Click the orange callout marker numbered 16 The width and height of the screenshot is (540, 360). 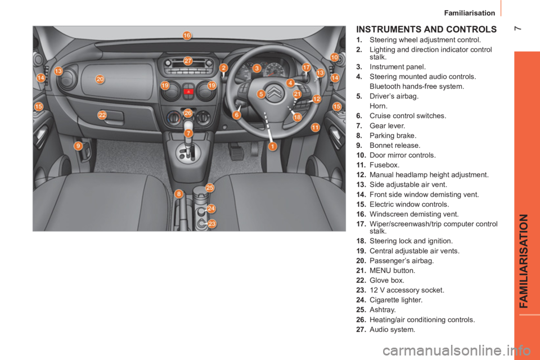point(187,35)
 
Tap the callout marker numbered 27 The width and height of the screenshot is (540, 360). point(188,60)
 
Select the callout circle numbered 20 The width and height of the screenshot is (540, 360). point(100,79)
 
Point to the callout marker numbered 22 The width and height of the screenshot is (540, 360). point(102,115)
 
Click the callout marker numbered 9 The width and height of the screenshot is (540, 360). point(78,145)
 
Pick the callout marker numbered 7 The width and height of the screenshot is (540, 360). point(188,133)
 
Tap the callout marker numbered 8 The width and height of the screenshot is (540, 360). point(179,193)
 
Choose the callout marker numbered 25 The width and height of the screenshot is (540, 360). point(210,187)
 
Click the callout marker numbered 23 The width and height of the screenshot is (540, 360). point(212,223)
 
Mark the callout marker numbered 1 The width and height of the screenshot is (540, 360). point(272,146)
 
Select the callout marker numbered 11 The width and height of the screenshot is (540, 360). point(315,127)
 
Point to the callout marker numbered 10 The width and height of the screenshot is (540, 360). point(334,57)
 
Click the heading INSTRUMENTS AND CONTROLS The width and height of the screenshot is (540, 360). point(426,28)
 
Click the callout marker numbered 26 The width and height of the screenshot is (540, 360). point(188,113)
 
